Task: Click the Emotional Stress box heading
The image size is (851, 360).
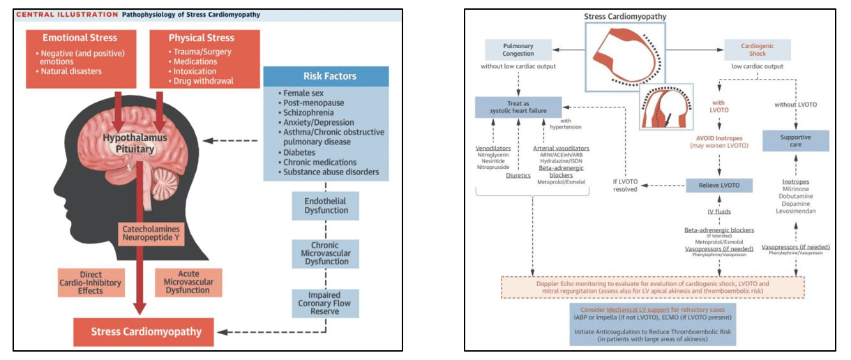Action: click(x=80, y=38)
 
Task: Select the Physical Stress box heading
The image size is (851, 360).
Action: click(x=202, y=38)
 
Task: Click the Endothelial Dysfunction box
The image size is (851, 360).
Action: click(x=326, y=206)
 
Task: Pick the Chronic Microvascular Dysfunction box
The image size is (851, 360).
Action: click(x=326, y=253)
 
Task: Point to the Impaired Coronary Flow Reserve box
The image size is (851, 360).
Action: click(x=326, y=303)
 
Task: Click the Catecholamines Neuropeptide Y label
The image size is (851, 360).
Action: click(x=151, y=234)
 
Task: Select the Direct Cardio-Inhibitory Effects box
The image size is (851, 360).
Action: click(x=91, y=283)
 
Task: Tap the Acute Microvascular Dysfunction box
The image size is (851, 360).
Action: click(x=188, y=282)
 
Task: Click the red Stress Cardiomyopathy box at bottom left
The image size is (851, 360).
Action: click(x=144, y=332)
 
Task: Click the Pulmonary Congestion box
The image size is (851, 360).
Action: click(x=518, y=50)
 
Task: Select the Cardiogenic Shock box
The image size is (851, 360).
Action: click(x=757, y=50)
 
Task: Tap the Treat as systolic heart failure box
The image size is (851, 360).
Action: click(x=518, y=107)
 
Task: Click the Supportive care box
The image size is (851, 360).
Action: click(x=795, y=141)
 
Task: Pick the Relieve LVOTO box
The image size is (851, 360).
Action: click(x=718, y=186)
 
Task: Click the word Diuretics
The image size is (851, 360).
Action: click(x=518, y=176)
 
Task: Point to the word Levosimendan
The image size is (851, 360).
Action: click(x=795, y=211)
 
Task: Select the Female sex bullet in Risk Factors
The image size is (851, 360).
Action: click(x=301, y=93)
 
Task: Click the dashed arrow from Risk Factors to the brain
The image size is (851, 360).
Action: click(x=230, y=141)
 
